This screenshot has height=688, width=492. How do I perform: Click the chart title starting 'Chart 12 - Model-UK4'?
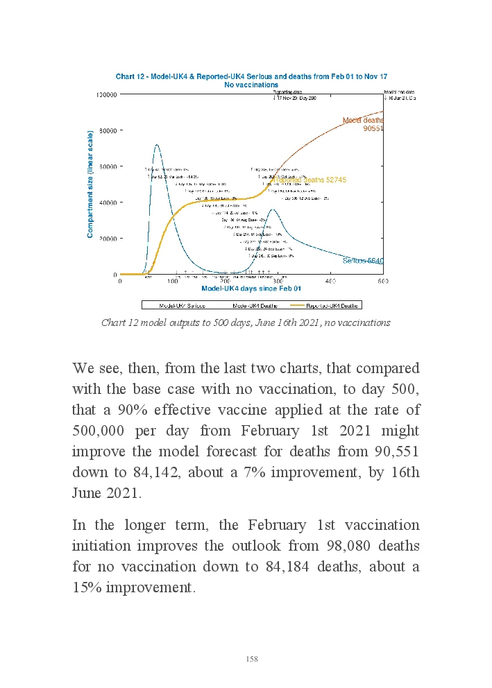click(x=251, y=76)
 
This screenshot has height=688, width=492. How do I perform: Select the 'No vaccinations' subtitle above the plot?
click(x=251, y=85)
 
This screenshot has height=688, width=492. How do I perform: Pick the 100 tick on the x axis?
click(x=173, y=281)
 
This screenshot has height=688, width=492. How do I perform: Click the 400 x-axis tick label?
click(x=330, y=281)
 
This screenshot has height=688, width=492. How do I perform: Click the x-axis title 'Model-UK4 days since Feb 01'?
click(x=251, y=289)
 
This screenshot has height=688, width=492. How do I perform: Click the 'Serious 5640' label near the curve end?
click(x=363, y=261)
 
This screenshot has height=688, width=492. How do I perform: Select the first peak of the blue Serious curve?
click(x=157, y=145)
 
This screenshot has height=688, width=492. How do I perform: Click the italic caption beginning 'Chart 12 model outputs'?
click(x=246, y=322)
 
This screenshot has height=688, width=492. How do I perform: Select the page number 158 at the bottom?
click(x=252, y=659)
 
